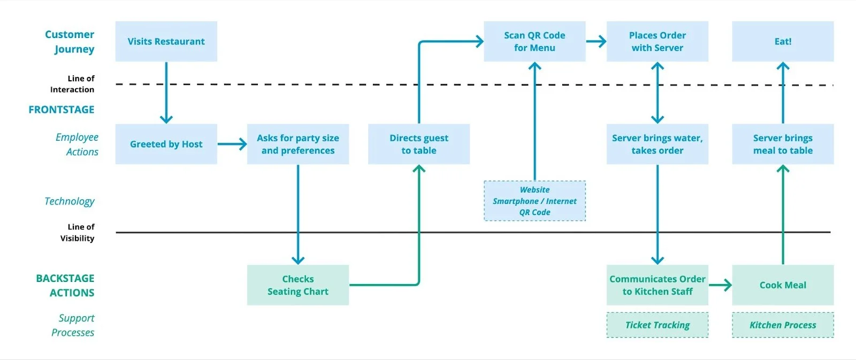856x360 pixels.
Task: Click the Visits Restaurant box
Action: [x=166, y=41]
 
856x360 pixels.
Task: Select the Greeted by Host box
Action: [x=166, y=144]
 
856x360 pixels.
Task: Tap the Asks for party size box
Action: [x=297, y=144]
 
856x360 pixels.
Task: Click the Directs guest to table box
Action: [x=418, y=144]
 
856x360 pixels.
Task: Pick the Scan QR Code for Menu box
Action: [x=534, y=41]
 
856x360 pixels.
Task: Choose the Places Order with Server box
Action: [x=657, y=41]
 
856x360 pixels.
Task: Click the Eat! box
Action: [x=782, y=41]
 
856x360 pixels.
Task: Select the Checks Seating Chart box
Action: [x=297, y=285]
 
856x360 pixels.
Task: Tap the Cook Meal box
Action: [x=782, y=285]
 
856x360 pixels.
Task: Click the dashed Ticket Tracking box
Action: [x=657, y=325]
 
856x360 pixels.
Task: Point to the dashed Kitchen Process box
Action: [x=782, y=325]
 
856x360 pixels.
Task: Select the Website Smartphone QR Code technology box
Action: [x=534, y=201]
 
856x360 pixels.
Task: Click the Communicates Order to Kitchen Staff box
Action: [x=657, y=285]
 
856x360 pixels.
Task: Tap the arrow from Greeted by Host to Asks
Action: [x=232, y=144]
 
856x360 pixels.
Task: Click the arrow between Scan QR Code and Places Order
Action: [x=596, y=41]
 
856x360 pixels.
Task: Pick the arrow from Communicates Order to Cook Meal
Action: [x=720, y=285]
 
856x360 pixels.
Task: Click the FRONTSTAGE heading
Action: [x=62, y=110]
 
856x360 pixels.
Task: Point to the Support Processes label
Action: [x=74, y=325]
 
